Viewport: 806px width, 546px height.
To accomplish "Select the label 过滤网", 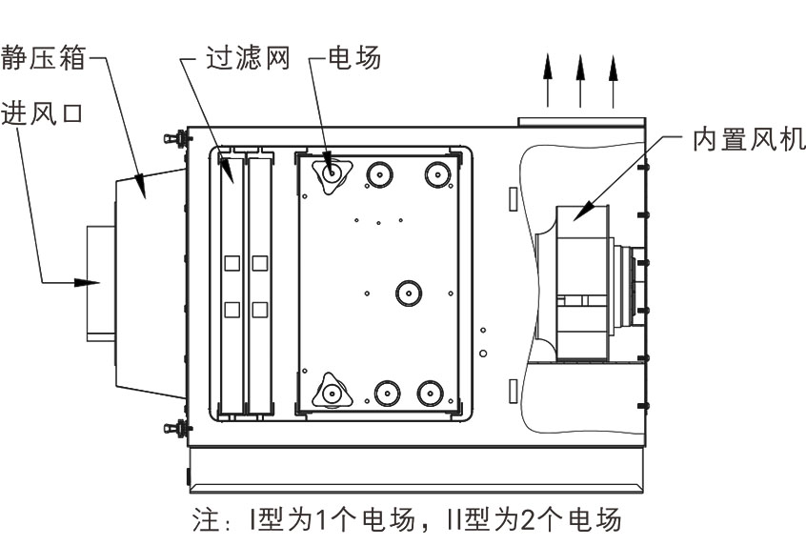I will click(x=245, y=60).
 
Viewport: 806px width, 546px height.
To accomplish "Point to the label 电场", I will click(x=353, y=60).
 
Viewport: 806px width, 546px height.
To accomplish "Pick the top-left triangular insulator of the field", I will click(x=332, y=173).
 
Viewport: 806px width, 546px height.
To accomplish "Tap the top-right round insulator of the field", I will click(x=436, y=173).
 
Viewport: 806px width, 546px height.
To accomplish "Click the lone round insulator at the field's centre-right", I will click(x=408, y=292).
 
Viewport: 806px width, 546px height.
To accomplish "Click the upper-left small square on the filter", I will click(x=230, y=262).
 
